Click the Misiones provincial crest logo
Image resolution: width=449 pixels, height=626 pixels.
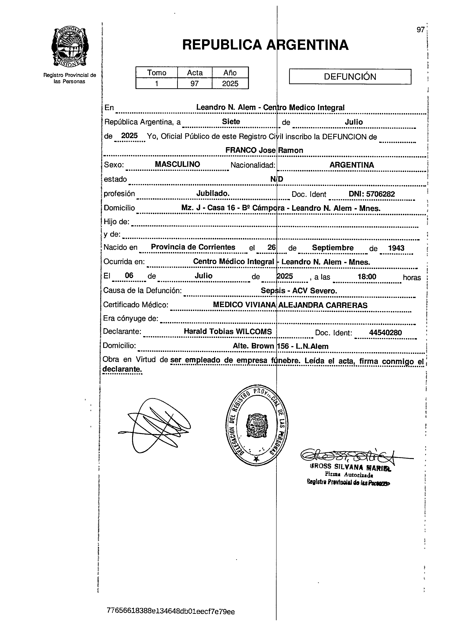coord(70,47)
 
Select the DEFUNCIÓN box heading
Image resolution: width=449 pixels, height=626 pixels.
coord(350,76)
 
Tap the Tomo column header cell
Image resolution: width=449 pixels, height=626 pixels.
coord(156,73)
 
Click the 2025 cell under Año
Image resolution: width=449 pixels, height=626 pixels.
coord(230,83)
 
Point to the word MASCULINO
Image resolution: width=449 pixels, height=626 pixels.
coord(177,164)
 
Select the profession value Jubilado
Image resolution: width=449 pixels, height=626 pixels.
coord(213,193)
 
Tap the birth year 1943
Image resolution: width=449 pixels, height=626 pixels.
coord(396,248)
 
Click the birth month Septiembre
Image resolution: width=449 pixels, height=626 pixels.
coord(333,248)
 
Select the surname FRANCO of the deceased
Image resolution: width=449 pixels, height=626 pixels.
coord(241,150)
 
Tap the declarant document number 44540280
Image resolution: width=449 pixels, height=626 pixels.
coord(385,333)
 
